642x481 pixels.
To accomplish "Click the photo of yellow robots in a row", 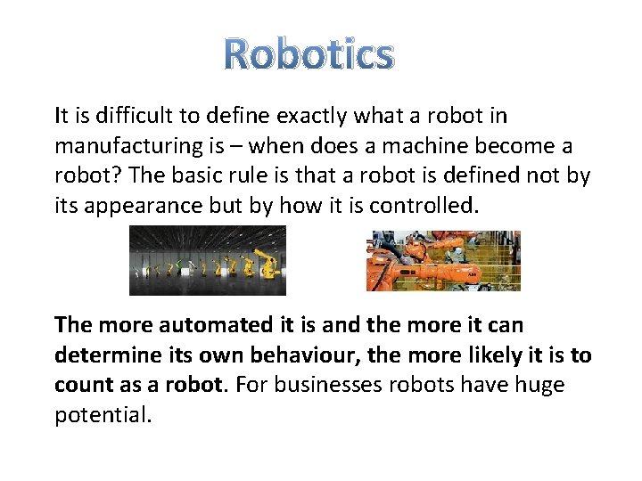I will [208, 260].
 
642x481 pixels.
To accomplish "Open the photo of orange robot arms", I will [443, 260].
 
